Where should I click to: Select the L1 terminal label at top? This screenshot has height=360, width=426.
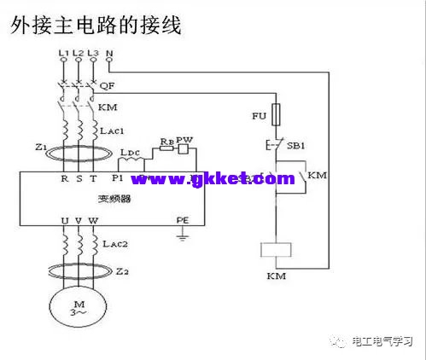pos(63,54)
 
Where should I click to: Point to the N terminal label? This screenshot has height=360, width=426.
pos(109,54)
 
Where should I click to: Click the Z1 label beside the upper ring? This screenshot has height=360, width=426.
pos(40,148)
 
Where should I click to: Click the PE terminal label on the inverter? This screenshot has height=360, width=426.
pos(181,219)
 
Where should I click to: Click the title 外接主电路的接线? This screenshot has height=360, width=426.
pos(96,26)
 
